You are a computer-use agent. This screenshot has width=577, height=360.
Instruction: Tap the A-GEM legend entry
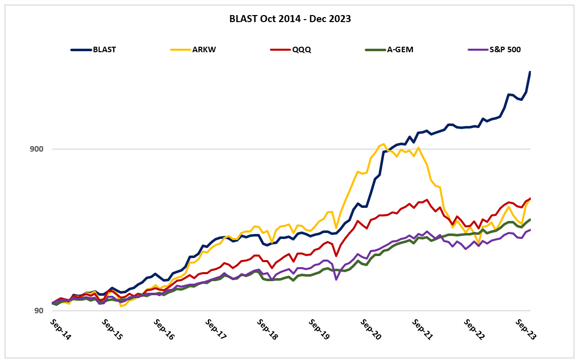pyautogui.click(x=400, y=50)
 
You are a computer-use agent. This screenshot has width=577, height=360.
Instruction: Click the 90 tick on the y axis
pyautogui.click(x=39, y=311)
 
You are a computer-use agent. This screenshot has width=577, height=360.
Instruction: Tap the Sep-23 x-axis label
pyautogui.click(x=525, y=329)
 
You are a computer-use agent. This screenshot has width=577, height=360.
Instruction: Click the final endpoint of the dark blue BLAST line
pyautogui.click(x=530, y=72)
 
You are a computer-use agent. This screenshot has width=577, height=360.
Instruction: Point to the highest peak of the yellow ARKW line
pyautogui.click(x=383, y=144)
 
